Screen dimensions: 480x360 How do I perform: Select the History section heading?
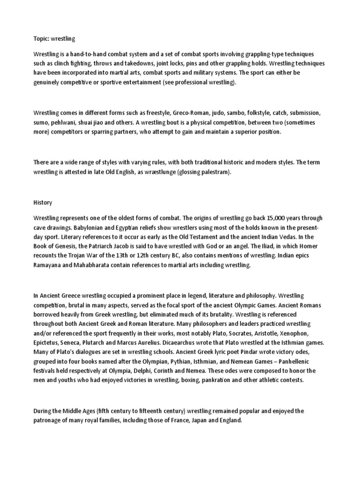(43, 202)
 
